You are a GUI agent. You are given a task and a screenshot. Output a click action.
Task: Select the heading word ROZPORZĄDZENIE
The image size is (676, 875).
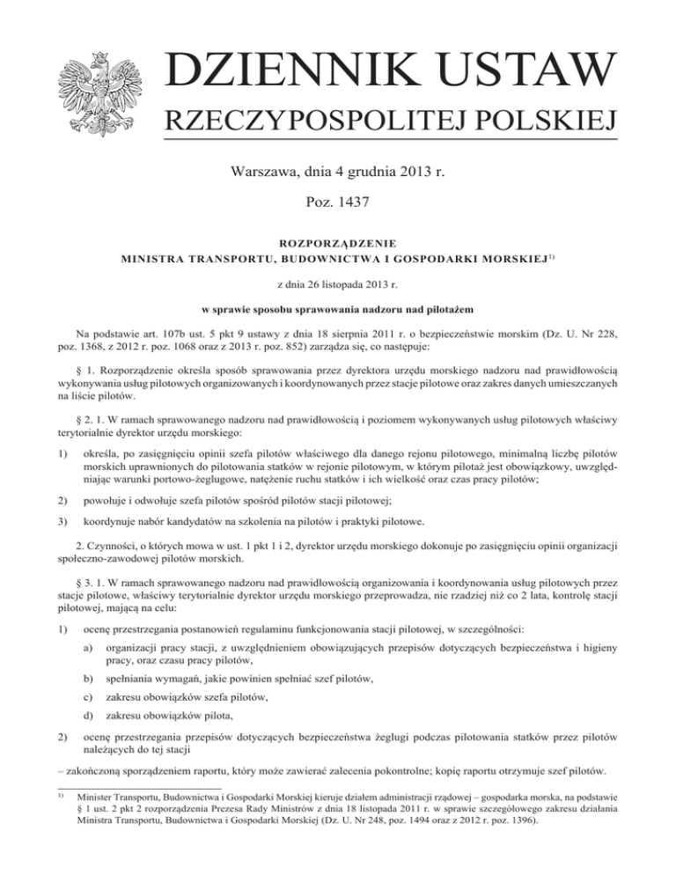[x=338, y=242]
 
